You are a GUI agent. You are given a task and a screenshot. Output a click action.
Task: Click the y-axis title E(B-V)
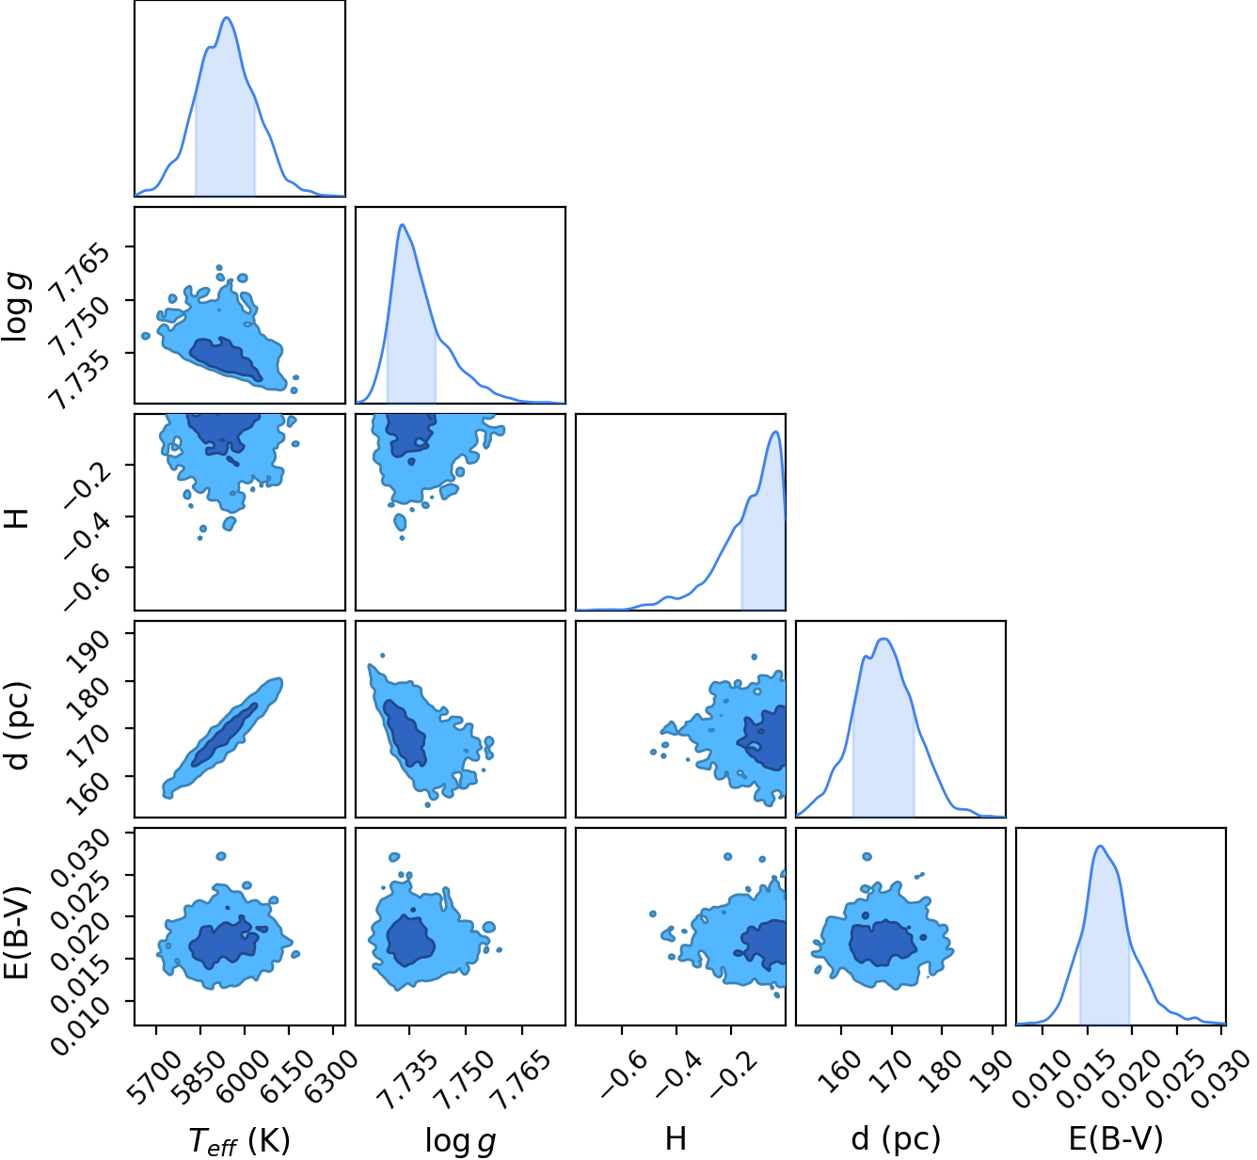[18, 925]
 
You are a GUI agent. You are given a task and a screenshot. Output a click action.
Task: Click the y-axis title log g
[18, 306]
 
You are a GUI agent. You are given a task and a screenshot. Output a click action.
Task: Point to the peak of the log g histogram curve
[401, 224]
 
